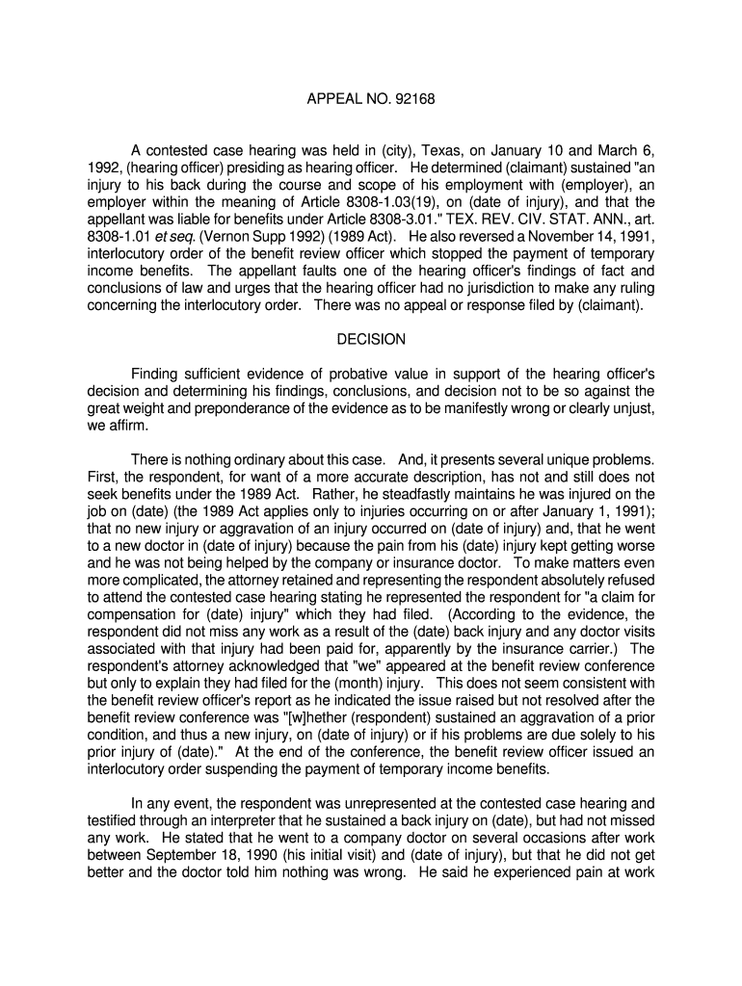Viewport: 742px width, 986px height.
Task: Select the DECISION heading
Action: tap(371, 339)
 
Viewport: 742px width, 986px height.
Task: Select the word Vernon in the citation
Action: tap(219, 236)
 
